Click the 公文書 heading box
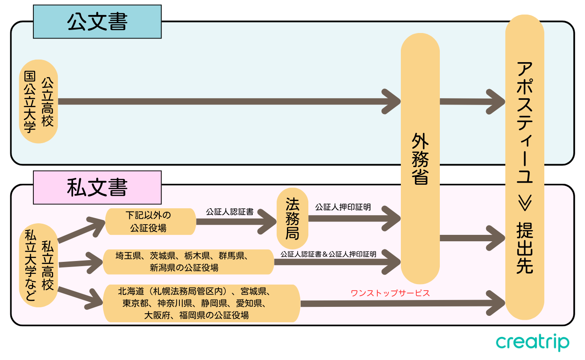point(97,22)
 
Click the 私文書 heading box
point(97,187)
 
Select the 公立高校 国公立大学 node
point(39,101)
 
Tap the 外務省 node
point(420,159)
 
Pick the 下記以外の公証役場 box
point(150,221)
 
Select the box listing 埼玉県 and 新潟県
point(188,262)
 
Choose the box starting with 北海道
point(201,303)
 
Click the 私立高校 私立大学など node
point(39,266)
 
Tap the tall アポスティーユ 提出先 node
point(525,167)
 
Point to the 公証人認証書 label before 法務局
point(230,212)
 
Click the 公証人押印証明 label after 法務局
point(343,207)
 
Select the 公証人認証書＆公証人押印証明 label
point(328,254)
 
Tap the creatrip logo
point(532,343)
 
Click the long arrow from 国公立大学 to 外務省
point(227,102)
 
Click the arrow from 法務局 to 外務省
point(353,219)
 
